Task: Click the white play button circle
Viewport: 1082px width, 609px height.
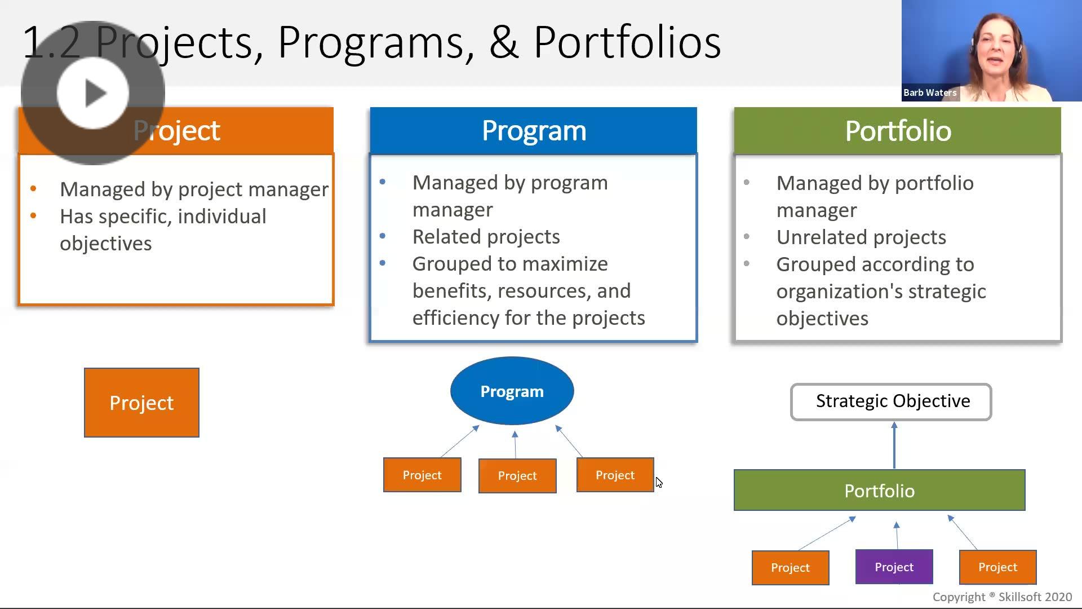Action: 93,93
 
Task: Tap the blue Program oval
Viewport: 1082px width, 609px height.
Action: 512,391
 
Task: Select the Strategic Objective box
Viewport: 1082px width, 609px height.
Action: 891,401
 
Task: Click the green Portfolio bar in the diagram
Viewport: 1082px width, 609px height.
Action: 879,490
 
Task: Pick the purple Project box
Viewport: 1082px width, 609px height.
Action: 894,567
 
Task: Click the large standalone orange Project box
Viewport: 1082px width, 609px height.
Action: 141,403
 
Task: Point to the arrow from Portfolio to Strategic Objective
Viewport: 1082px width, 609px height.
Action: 894,445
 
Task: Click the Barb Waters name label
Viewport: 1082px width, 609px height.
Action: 930,92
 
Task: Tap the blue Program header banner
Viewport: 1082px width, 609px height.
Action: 534,130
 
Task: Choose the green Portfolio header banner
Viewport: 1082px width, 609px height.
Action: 897,130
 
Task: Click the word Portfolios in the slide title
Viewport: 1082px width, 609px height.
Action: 627,42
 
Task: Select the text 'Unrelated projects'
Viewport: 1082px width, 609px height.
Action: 861,237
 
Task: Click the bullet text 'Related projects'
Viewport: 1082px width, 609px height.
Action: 486,237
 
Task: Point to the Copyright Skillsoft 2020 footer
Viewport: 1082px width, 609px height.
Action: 1002,597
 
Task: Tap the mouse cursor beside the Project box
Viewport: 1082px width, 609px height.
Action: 659,483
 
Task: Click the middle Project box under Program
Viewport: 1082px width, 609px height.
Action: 517,476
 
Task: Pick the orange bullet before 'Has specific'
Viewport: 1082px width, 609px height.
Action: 33,216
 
